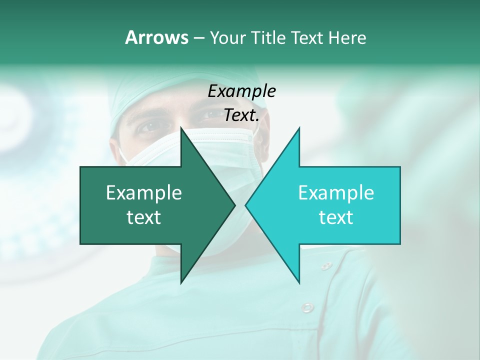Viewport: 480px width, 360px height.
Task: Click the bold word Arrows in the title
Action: (156, 37)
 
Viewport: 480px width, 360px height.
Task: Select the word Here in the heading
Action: (347, 37)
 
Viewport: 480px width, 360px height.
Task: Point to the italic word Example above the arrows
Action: (241, 91)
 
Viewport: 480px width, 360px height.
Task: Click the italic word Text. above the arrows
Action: (241, 115)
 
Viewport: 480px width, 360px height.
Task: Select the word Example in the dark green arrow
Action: (144, 193)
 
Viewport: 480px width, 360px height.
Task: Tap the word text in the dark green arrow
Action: (144, 217)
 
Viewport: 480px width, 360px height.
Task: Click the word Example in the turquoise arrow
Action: (336, 193)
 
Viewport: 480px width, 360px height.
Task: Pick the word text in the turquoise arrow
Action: (336, 217)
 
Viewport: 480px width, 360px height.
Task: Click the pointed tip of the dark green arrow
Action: (234, 205)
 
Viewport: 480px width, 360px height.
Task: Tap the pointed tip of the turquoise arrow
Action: (246, 205)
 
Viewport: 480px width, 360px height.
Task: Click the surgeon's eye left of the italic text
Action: (149, 126)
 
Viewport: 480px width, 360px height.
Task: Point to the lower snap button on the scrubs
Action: (307, 306)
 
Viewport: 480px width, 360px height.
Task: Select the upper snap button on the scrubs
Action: (326, 265)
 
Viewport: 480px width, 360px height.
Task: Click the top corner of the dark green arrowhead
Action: (181, 128)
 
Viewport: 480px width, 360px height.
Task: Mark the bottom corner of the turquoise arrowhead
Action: (299, 282)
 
